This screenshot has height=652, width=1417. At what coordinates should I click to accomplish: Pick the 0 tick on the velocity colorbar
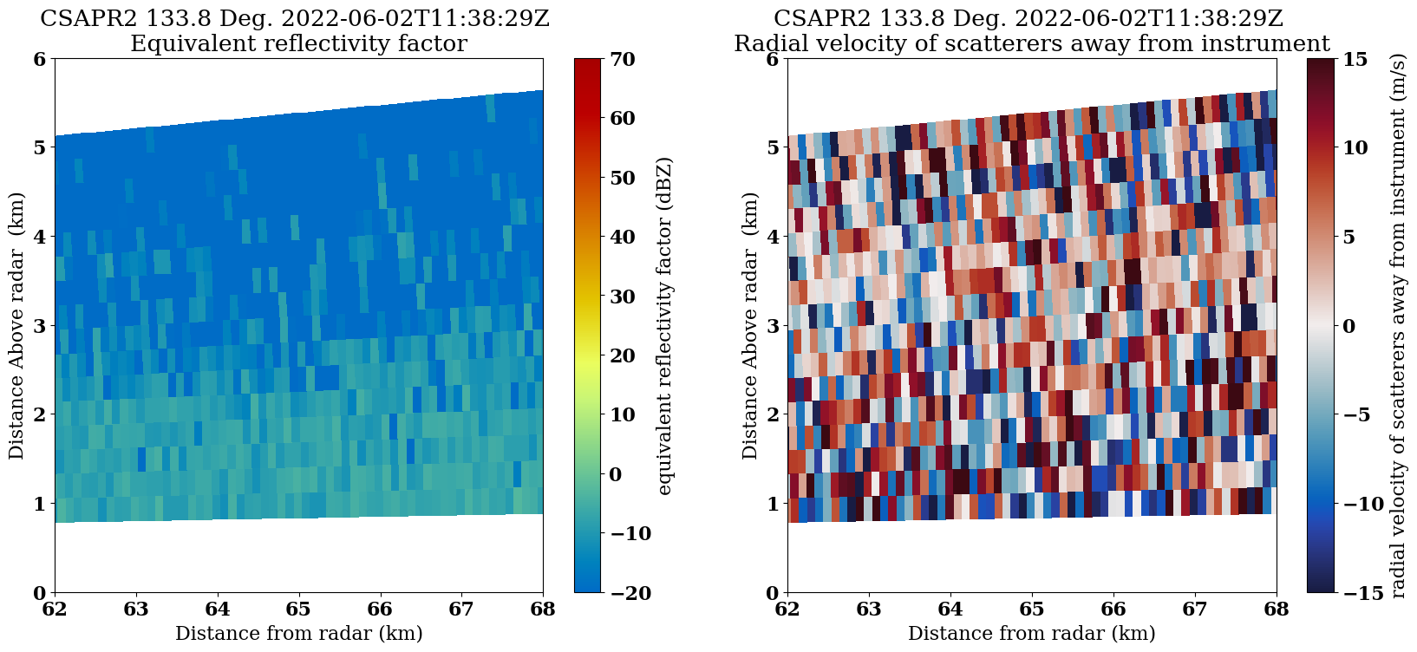[x=1348, y=326]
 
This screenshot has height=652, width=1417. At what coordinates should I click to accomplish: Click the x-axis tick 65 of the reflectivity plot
[x=298, y=609]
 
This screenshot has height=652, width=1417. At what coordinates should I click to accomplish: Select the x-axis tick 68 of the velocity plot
[x=1277, y=609]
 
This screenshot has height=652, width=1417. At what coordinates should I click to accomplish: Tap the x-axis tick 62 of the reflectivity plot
[x=55, y=609]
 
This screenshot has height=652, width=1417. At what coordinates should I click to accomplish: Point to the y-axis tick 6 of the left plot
[x=38, y=59]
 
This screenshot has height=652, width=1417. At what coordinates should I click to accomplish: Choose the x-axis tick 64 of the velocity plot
[x=950, y=609]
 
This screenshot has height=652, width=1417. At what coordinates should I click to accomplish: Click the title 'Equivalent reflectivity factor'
[x=298, y=43]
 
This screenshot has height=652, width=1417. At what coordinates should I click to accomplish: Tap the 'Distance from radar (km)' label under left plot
[x=298, y=634]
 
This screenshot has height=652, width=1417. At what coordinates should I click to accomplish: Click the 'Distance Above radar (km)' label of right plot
[x=750, y=326]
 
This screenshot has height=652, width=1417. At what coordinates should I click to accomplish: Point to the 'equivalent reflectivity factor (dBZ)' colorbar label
[x=665, y=326]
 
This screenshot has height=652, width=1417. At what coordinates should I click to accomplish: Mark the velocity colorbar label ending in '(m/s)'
[x=1397, y=326]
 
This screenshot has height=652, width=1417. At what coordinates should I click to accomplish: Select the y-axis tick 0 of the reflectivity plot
[x=38, y=593]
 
